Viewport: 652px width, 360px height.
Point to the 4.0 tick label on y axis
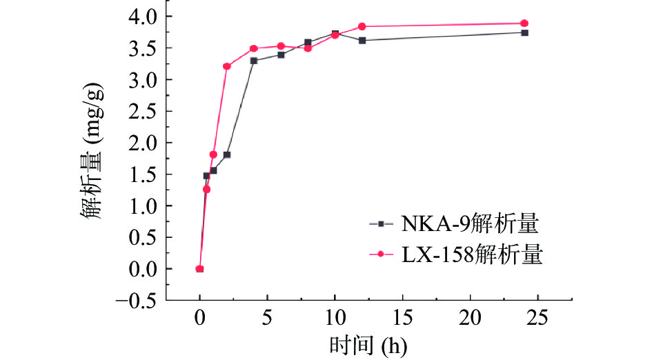[x=142, y=16]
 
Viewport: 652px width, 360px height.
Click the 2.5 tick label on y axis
[x=142, y=111]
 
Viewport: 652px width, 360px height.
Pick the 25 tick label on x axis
[x=537, y=318]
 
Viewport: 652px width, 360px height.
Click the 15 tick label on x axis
[x=402, y=318]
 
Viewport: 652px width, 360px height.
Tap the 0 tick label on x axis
[x=199, y=318]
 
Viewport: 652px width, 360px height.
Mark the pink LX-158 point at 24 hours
[x=524, y=23]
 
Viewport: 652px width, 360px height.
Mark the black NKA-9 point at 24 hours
[x=524, y=32]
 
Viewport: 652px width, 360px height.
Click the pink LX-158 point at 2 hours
[x=226, y=66]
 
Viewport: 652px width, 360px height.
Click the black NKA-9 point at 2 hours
[x=226, y=154]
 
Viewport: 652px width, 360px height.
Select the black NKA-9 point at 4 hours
[x=254, y=61]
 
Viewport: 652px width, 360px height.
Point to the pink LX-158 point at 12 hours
[x=362, y=26]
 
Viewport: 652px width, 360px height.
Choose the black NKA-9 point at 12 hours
[x=362, y=40]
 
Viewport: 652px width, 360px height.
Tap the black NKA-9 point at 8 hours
[x=308, y=43]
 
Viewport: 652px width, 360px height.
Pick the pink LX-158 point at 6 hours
[x=281, y=46]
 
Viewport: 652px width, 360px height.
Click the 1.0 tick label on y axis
[x=142, y=206]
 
